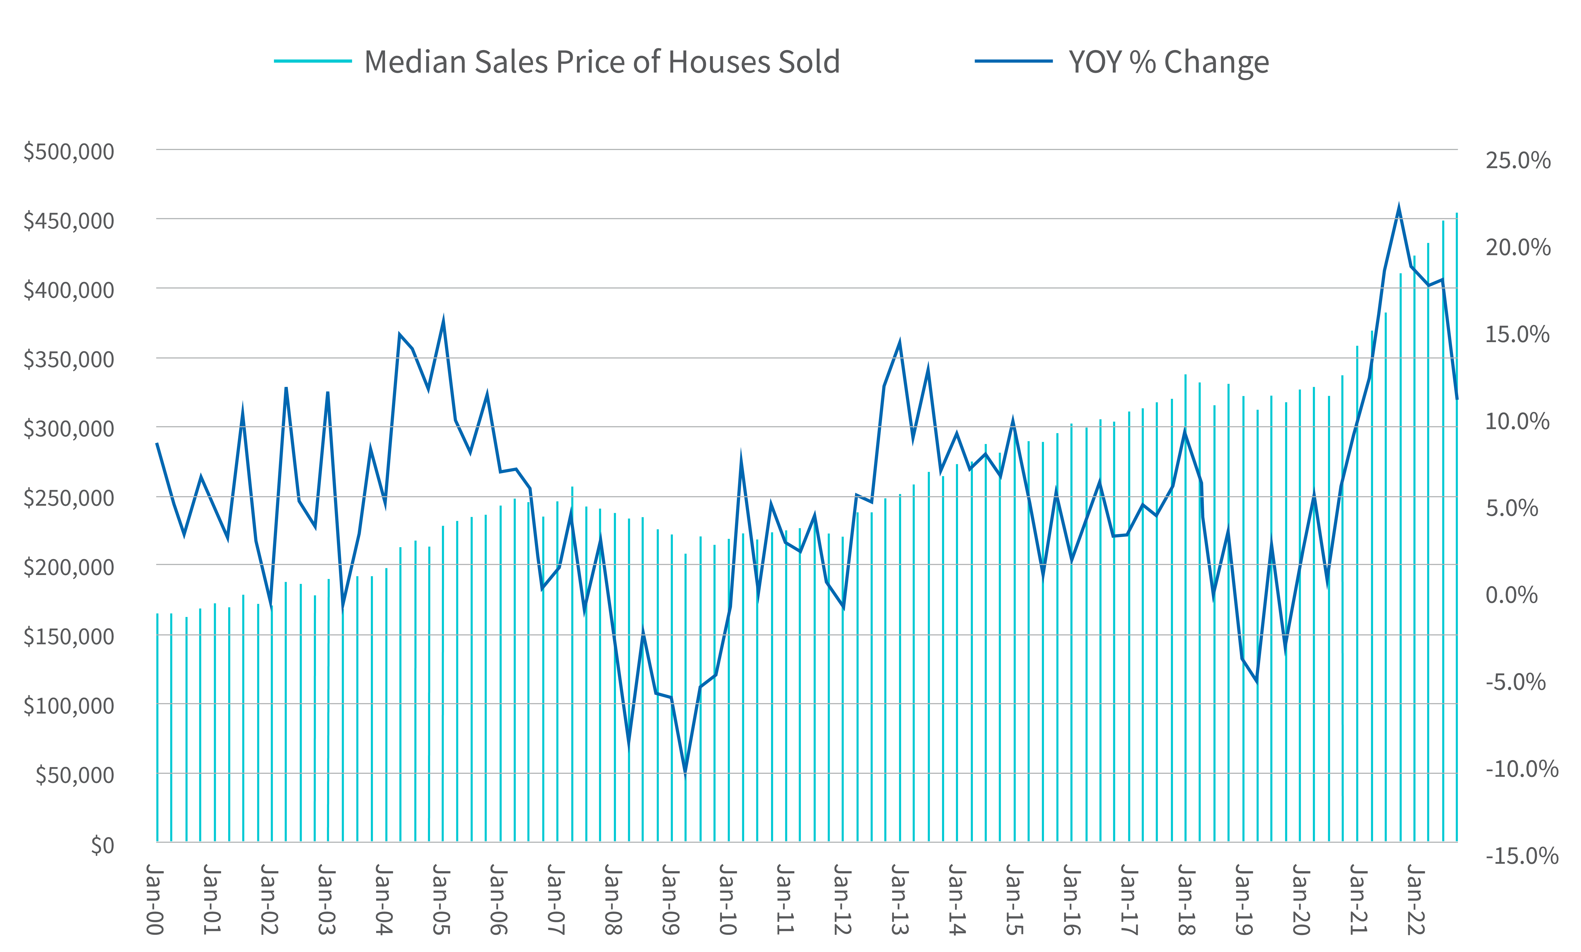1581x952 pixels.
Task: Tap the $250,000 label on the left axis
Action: tap(69, 498)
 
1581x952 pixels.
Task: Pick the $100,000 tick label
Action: tap(69, 706)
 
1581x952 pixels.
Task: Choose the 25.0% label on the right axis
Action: tap(1518, 160)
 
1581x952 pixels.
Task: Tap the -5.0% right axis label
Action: tap(1515, 682)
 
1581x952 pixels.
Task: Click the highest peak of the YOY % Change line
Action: tap(1399, 207)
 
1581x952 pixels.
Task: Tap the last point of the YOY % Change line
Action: tap(1457, 399)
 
